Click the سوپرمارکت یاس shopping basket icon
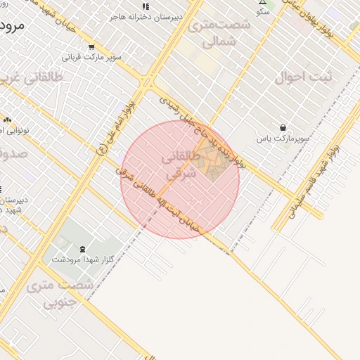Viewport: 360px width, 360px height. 283,128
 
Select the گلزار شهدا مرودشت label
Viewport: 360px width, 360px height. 82,259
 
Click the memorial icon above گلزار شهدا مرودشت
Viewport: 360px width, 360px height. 83,249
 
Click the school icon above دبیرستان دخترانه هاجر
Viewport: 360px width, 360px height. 146,6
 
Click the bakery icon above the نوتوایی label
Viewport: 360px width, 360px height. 8,120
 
